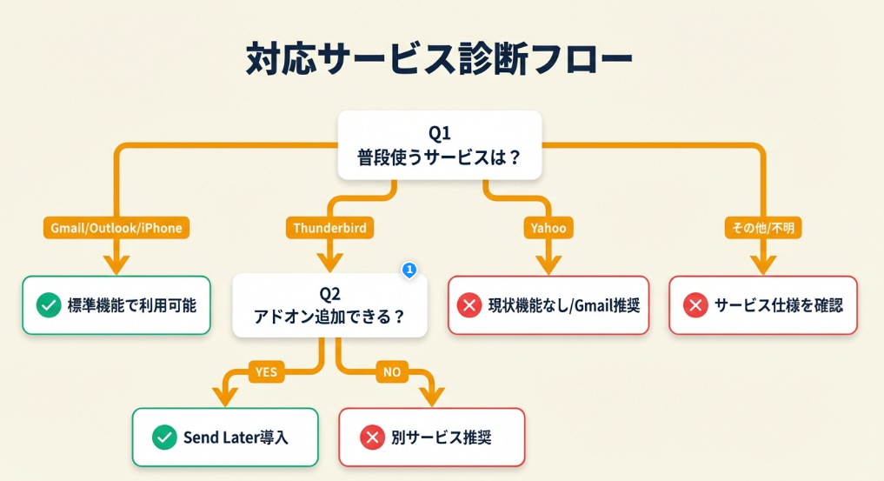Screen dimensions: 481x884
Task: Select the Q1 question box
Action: click(x=439, y=145)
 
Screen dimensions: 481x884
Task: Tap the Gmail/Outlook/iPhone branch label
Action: click(x=116, y=228)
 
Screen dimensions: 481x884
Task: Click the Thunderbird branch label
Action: click(x=329, y=228)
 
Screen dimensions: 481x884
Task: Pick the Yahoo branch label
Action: click(x=548, y=228)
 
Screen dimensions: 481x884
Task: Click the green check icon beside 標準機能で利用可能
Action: click(x=49, y=305)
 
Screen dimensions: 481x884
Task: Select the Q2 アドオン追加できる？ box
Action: click(x=329, y=305)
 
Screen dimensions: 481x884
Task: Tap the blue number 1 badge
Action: click(x=409, y=271)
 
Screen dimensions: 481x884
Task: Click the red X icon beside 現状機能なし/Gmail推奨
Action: click(x=469, y=305)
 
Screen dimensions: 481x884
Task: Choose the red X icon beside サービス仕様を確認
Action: click(x=695, y=305)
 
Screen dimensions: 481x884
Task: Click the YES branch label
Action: click(x=266, y=372)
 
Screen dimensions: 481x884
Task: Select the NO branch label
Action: click(x=392, y=372)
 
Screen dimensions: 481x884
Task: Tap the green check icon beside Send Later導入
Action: click(x=163, y=437)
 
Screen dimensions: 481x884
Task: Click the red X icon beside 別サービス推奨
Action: click(x=371, y=437)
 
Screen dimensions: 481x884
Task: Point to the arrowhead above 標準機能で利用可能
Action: click(x=116, y=262)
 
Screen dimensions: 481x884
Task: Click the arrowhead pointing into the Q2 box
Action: click(x=329, y=262)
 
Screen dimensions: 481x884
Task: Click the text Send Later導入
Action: click(x=236, y=437)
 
